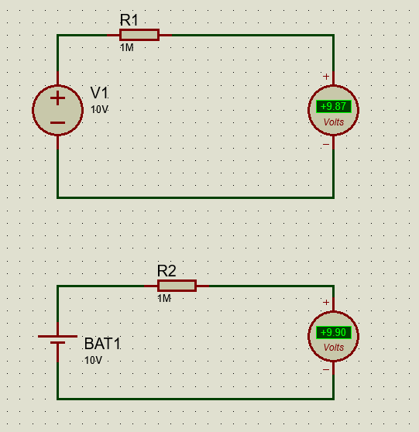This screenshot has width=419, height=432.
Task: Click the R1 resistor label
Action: tap(129, 20)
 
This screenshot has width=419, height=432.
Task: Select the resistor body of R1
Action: tap(139, 35)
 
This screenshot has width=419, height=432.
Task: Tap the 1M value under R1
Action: tap(127, 48)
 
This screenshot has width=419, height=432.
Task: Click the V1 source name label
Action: tap(99, 93)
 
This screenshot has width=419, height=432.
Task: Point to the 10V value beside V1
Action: tap(99, 109)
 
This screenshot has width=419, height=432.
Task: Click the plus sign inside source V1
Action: tap(57, 98)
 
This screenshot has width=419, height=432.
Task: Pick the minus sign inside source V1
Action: tap(57, 122)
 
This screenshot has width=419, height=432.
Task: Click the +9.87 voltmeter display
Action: tap(334, 106)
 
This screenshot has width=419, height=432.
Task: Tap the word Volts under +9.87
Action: tap(334, 122)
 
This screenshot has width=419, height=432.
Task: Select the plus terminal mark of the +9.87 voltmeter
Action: tap(326, 77)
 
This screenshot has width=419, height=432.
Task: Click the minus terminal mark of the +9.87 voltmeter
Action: tap(326, 144)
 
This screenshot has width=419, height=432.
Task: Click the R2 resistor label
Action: tap(167, 271)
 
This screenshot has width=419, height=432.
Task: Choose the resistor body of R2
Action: tap(177, 286)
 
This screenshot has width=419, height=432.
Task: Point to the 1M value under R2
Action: tap(164, 298)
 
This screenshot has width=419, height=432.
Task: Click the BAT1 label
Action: tap(102, 344)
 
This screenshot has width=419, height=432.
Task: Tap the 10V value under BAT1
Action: tap(93, 360)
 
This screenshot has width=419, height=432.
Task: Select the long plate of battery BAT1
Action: tap(57, 337)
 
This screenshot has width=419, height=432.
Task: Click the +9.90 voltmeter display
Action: tap(334, 332)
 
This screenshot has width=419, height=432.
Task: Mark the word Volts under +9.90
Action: tap(334, 348)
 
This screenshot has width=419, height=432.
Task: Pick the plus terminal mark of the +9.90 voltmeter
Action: tap(326, 302)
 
